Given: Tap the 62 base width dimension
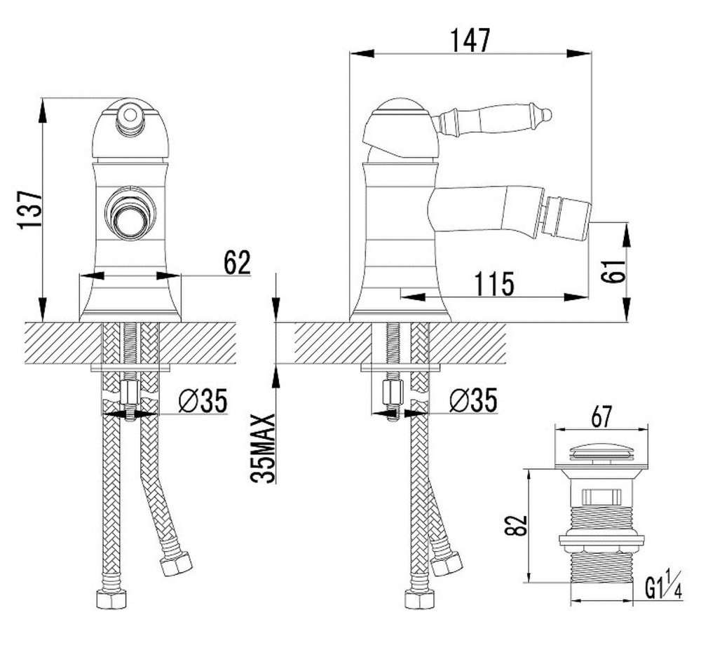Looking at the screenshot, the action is [x=238, y=262].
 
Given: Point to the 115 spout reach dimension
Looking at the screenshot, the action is [x=494, y=283].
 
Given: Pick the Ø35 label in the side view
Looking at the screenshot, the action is [x=473, y=400].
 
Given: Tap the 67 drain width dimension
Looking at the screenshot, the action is [x=601, y=417].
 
